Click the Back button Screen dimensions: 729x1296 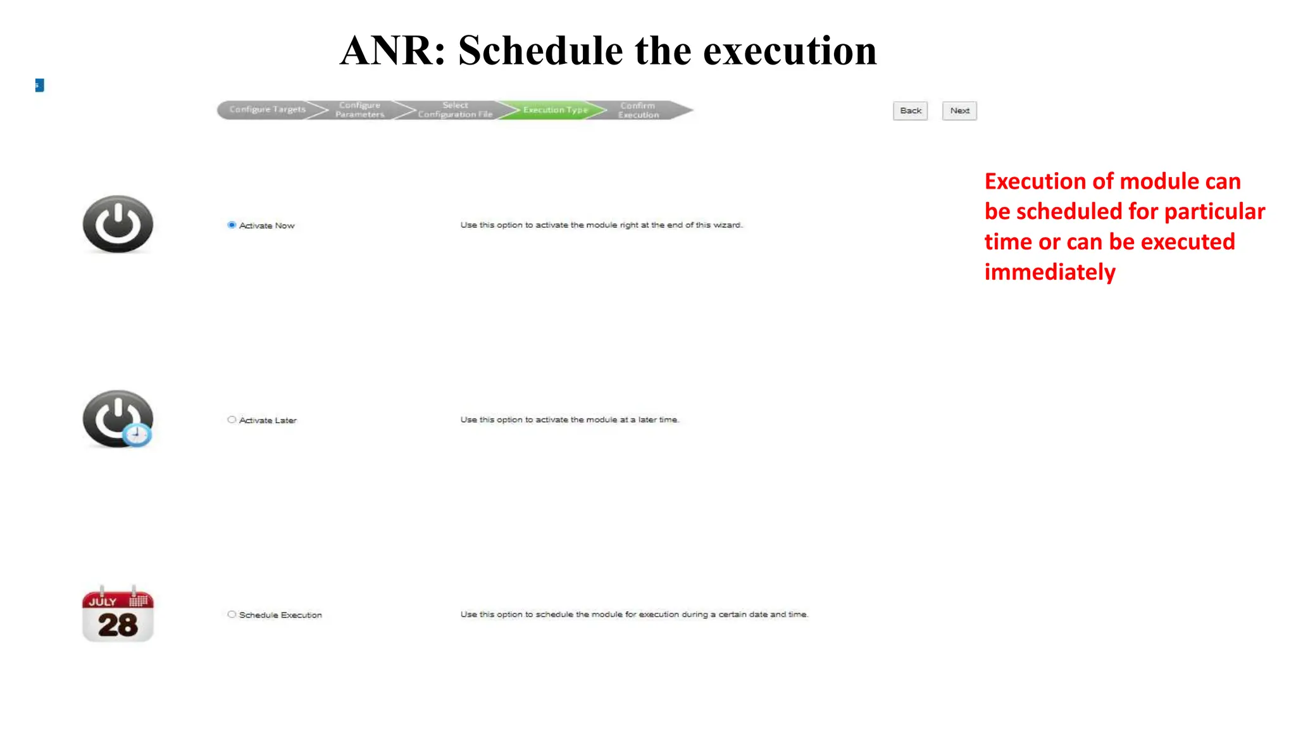tap(910, 111)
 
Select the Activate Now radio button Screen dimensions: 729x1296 tap(232, 225)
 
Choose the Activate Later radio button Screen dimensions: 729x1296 tap(232, 420)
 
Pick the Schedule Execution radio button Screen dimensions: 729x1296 tap(232, 614)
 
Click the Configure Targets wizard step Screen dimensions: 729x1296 tap(267, 110)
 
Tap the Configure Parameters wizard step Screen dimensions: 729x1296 tap(359, 110)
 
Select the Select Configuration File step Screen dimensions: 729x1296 tap(454, 110)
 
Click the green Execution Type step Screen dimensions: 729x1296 tap(555, 110)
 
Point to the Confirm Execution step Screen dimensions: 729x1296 tap(639, 110)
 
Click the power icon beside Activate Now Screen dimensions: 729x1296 tap(118, 224)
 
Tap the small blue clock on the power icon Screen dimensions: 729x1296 tap(137, 435)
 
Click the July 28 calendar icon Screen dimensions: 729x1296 tap(118, 613)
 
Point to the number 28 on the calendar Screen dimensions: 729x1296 tap(118, 625)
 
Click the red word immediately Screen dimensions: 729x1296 tap(1050, 272)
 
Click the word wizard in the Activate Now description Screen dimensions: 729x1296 tap(727, 225)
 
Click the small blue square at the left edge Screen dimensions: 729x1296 tap(39, 85)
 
